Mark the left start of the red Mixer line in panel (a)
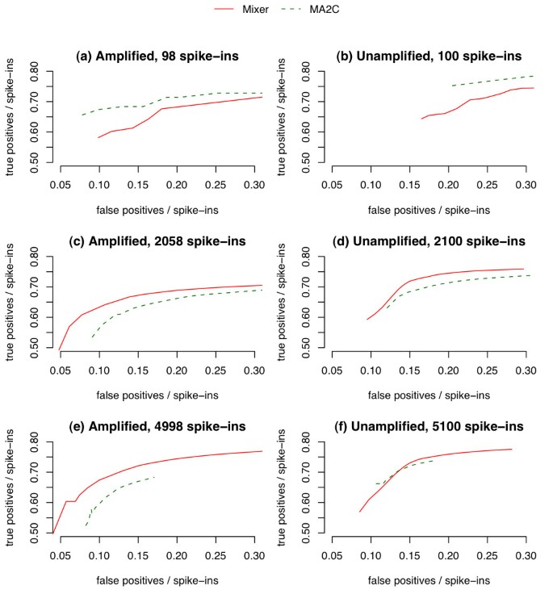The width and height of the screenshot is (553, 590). pyautogui.click(x=98, y=138)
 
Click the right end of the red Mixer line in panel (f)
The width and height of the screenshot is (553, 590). pyautogui.click(x=512, y=449)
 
